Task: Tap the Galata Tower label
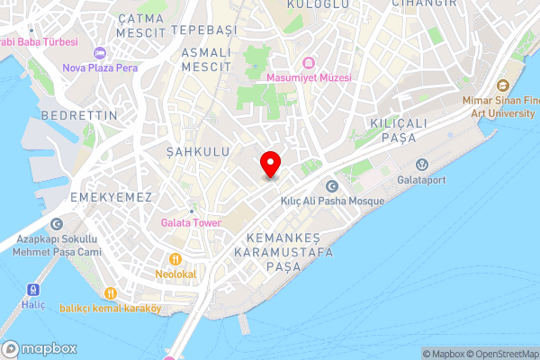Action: [191, 222]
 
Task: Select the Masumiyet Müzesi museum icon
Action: [309, 63]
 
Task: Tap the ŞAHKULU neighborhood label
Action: [198, 153]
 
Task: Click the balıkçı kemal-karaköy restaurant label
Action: [110, 308]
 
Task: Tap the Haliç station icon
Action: [34, 290]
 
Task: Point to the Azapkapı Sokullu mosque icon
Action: [57, 224]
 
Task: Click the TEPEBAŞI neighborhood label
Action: [203, 30]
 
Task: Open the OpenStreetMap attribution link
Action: [500, 354]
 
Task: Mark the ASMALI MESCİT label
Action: [207, 59]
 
